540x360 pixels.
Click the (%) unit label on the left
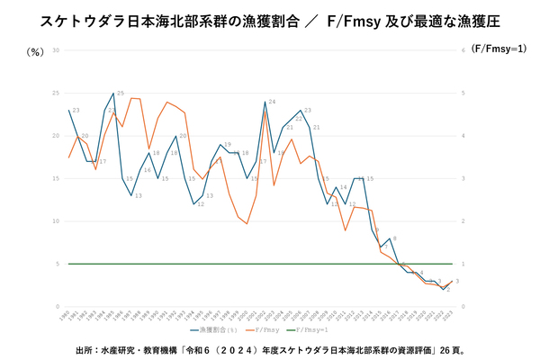tap(36, 52)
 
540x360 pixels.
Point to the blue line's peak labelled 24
tap(271, 102)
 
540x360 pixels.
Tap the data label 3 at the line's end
tap(457, 282)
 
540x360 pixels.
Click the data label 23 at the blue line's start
tap(76, 111)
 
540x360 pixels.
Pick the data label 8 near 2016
tap(394, 238)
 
